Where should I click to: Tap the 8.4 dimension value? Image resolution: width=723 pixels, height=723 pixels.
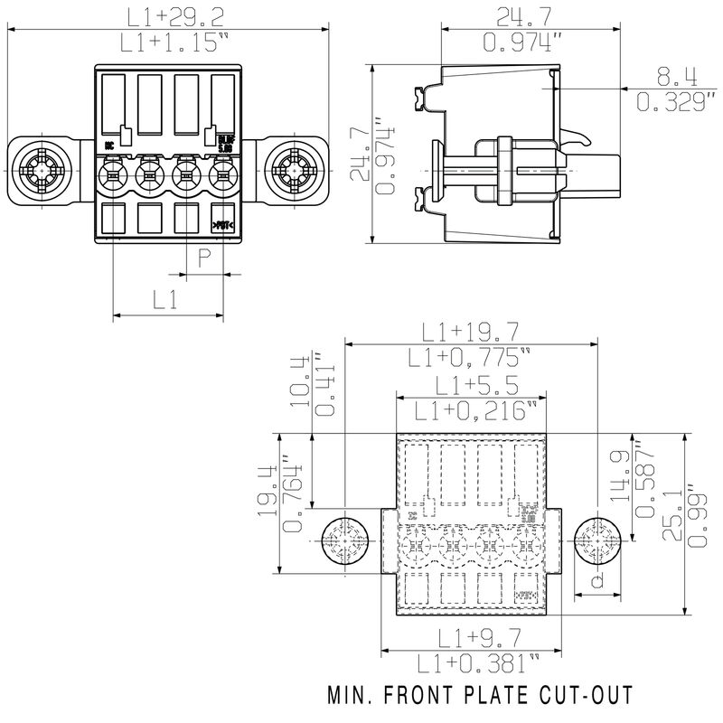[670, 75]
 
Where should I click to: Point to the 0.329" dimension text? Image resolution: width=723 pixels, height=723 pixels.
[670, 102]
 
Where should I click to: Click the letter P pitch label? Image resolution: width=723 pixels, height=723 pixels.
[204, 257]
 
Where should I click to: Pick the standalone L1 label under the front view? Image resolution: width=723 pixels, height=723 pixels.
[164, 300]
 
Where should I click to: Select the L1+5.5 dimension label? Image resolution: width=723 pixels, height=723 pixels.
[470, 385]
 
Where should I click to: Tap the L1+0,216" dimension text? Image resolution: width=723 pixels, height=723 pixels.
[470, 411]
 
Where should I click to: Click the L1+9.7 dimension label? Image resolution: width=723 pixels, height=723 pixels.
[470, 638]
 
